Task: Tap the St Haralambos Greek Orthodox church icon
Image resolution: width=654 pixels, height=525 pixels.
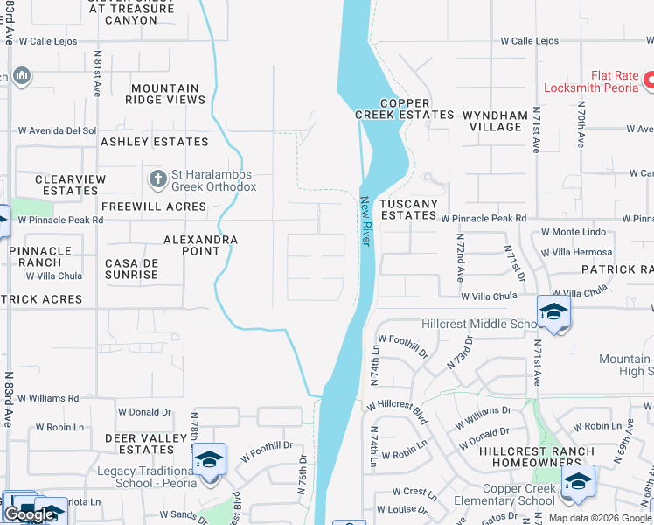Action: pyautogui.click(x=157, y=179)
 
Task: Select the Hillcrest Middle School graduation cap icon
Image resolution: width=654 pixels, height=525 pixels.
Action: pyautogui.click(x=553, y=312)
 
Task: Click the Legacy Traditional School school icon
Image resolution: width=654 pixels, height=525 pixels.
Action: pyautogui.click(x=210, y=460)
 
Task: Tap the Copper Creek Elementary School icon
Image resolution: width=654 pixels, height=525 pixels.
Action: pyautogui.click(x=578, y=482)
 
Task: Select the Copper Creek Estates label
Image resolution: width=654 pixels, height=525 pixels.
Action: pyautogui.click(x=404, y=108)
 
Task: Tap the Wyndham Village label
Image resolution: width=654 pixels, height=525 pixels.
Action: pyautogui.click(x=495, y=121)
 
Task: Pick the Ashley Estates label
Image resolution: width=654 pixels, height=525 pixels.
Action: pyautogui.click(x=155, y=142)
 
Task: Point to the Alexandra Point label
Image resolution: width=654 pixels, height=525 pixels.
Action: pyautogui.click(x=201, y=245)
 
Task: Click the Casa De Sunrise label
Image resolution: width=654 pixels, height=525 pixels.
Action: pyautogui.click(x=131, y=269)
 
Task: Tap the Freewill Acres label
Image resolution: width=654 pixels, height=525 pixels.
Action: pyautogui.click(x=154, y=206)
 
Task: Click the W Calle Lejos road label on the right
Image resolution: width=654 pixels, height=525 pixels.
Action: pyautogui.click(x=529, y=41)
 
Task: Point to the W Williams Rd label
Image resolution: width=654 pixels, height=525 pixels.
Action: pyautogui.click(x=48, y=398)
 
